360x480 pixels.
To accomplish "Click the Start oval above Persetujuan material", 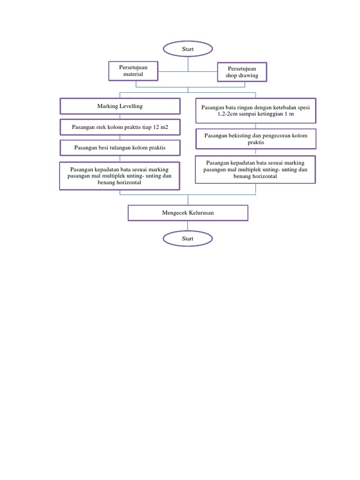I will click(x=188, y=49).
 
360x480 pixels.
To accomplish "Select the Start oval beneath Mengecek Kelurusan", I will click(x=187, y=239).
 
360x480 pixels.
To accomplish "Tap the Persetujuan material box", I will click(x=133, y=71).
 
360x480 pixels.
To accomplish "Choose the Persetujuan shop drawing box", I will click(x=242, y=72).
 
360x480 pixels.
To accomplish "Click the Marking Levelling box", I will click(x=120, y=106).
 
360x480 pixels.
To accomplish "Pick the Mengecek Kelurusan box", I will click(x=188, y=213).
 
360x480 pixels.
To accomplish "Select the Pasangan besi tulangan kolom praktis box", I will click(x=120, y=148).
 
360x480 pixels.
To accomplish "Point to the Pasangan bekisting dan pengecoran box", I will click(x=255, y=139).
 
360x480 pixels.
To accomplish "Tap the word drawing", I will click(x=249, y=75).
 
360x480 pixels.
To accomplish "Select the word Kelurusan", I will click(x=199, y=213).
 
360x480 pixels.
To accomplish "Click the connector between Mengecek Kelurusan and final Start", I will click(x=188, y=226).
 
